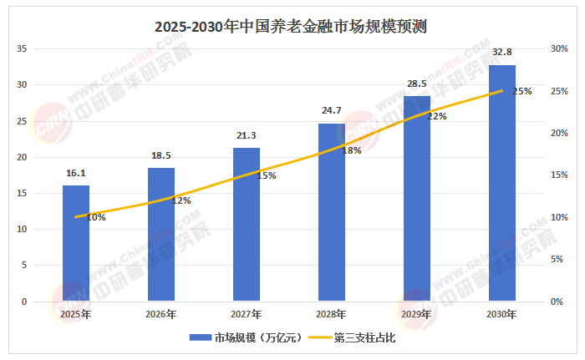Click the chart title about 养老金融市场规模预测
[x=291, y=27]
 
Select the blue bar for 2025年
[x=76, y=243]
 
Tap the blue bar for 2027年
[x=247, y=224]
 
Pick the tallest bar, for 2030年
[x=502, y=183]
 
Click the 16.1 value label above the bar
[x=76, y=173]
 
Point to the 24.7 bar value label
[x=331, y=110]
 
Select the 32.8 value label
[x=502, y=52]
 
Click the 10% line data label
[x=96, y=217]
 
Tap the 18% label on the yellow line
[x=352, y=150]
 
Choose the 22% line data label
[x=437, y=116]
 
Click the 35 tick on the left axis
[x=22, y=48]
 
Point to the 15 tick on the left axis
[x=22, y=193]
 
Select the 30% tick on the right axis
[x=559, y=48]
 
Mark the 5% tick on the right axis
[x=557, y=259]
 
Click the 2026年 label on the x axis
[x=160, y=315]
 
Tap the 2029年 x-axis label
[x=416, y=315]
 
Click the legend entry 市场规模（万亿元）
[x=245, y=337]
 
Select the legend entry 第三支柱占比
[x=352, y=337]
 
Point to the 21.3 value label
[x=247, y=135]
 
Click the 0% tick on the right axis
[x=557, y=302]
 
